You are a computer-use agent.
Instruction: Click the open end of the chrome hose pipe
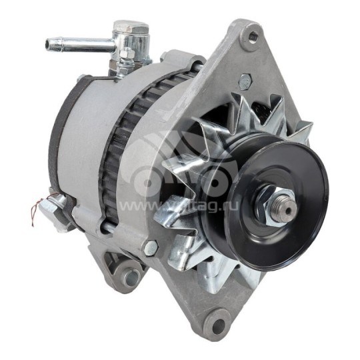pyautogui.click(x=49, y=45)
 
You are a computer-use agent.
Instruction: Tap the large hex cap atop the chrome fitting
pyautogui.click(x=131, y=28)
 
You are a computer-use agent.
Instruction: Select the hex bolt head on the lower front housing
pyautogui.click(x=151, y=247)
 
